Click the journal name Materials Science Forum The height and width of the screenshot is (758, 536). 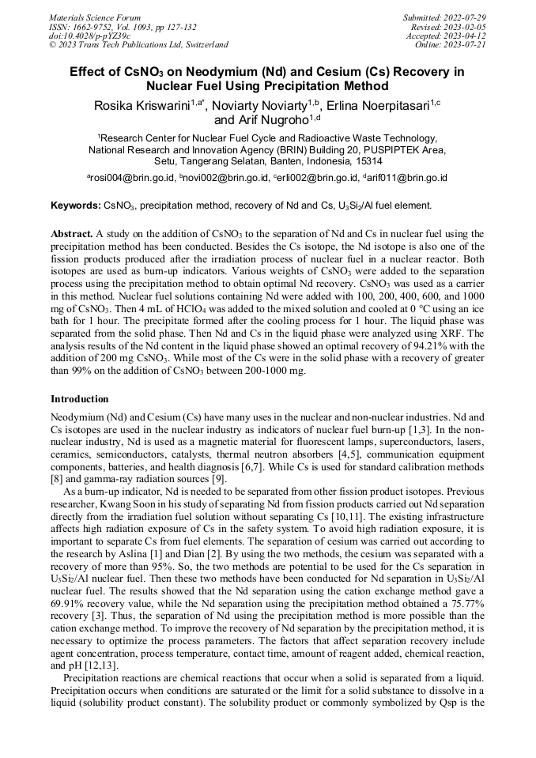pyautogui.click(x=95, y=17)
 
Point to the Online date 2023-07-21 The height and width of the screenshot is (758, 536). pyautogui.click(x=465, y=45)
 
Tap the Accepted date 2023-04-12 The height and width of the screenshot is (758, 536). pyautogui.click(x=465, y=36)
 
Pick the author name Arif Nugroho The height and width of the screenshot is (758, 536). pyautogui.click(x=274, y=121)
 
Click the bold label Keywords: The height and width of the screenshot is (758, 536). pyautogui.click(x=76, y=206)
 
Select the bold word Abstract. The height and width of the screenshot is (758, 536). pyautogui.click(x=72, y=235)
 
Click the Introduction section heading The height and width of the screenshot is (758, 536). pyautogui.click(x=80, y=399)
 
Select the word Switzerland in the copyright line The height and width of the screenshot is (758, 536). pyautogui.click(x=202, y=45)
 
